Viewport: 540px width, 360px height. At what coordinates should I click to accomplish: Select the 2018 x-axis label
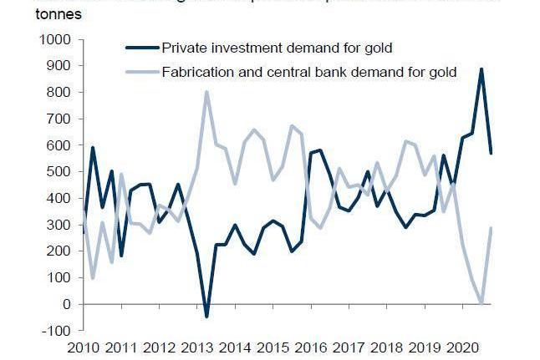(x=387, y=347)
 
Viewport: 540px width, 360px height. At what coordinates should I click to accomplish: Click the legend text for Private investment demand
(x=278, y=48)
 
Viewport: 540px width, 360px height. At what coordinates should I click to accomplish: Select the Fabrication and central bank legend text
(x=309, y=72)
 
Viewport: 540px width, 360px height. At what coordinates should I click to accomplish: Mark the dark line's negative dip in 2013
(x=206, y=317)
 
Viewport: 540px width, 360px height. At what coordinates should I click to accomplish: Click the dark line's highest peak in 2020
(x=481, y=69)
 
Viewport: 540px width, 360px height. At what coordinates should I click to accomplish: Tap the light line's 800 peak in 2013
(x=206, y=92)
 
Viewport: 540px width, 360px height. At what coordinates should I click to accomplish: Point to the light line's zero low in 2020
(x=481, y=303)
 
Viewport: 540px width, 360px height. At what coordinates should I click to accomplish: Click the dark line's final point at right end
(x=492, y=153)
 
